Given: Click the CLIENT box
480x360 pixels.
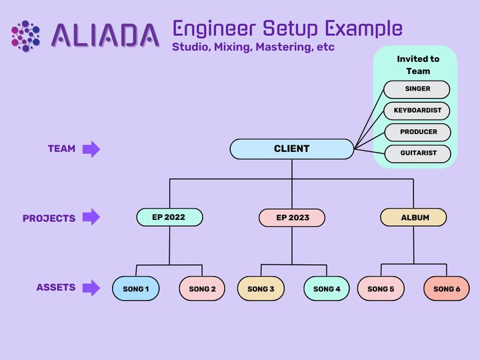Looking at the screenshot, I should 291,149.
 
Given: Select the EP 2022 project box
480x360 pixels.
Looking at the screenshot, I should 169,217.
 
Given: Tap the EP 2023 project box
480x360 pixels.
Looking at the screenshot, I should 292,217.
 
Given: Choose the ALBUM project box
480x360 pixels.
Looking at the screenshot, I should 414,217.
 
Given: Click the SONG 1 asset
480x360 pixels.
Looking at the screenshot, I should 135,289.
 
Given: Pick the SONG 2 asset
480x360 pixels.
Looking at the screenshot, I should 202,289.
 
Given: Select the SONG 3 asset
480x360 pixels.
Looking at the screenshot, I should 261,289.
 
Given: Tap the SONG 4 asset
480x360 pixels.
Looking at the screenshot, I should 327,289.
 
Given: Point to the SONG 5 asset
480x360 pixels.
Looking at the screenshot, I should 381,289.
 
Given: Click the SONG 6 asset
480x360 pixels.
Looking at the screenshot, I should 447,289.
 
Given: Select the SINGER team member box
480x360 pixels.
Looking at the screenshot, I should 417,89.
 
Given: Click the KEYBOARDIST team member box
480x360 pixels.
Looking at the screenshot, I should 417,110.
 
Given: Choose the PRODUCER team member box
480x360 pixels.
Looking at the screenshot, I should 418,132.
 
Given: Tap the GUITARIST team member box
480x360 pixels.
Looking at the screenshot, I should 418,153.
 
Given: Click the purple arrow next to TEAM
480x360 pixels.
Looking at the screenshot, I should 91,149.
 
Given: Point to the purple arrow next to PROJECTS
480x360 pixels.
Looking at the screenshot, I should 91,217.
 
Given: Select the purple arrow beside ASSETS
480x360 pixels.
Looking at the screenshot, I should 91,288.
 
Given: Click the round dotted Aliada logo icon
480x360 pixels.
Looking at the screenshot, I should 26,36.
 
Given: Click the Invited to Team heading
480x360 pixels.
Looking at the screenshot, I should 418,65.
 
